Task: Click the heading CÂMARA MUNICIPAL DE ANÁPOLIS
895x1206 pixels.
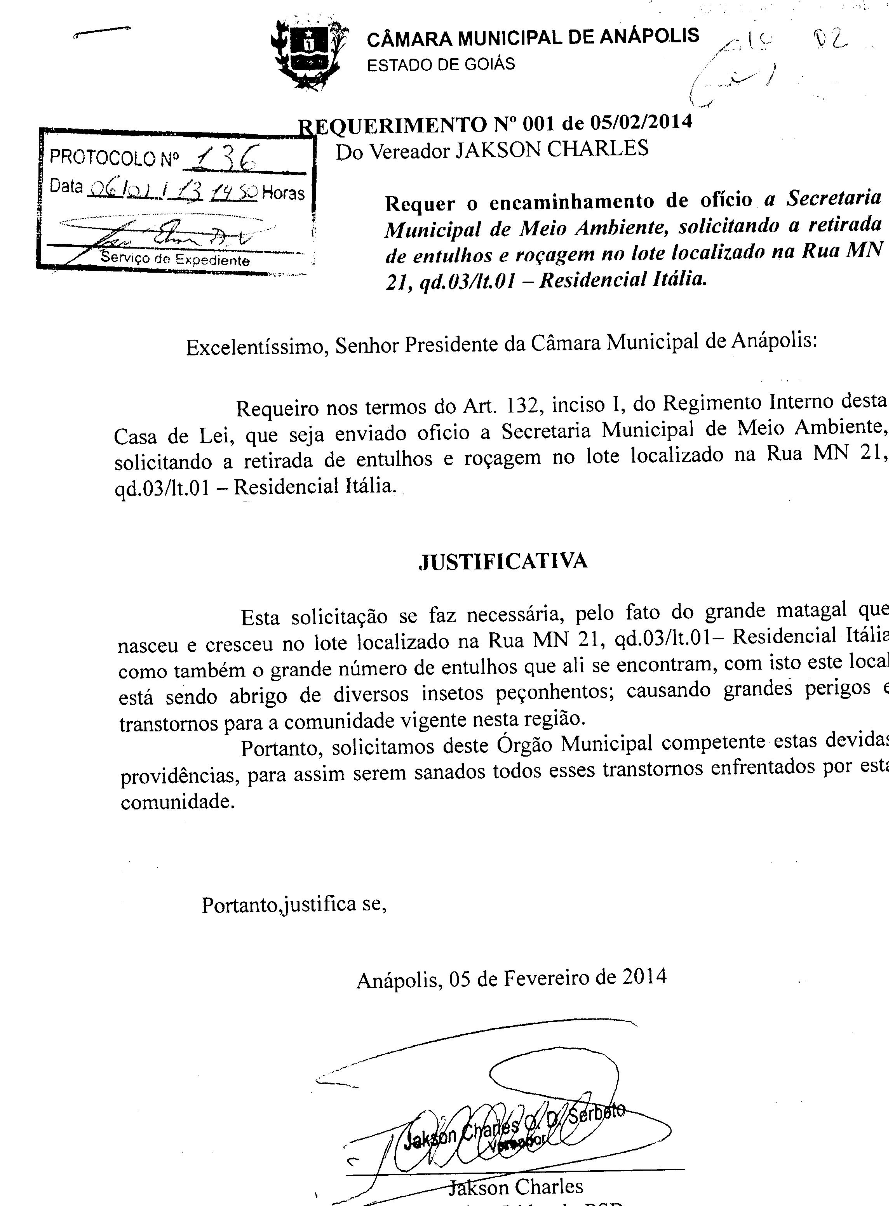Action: pyautogui.click(x=533, y=37)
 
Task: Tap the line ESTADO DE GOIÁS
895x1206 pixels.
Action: pyautogui.click(x=441, y=65)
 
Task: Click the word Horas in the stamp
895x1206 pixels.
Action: pyautogui.click(x=283, y=193)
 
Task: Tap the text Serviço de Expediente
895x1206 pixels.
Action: pyautogui.click(x=175, y=259)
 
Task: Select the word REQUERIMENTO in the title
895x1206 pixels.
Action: pyautogui.click(x=394, y=125)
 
